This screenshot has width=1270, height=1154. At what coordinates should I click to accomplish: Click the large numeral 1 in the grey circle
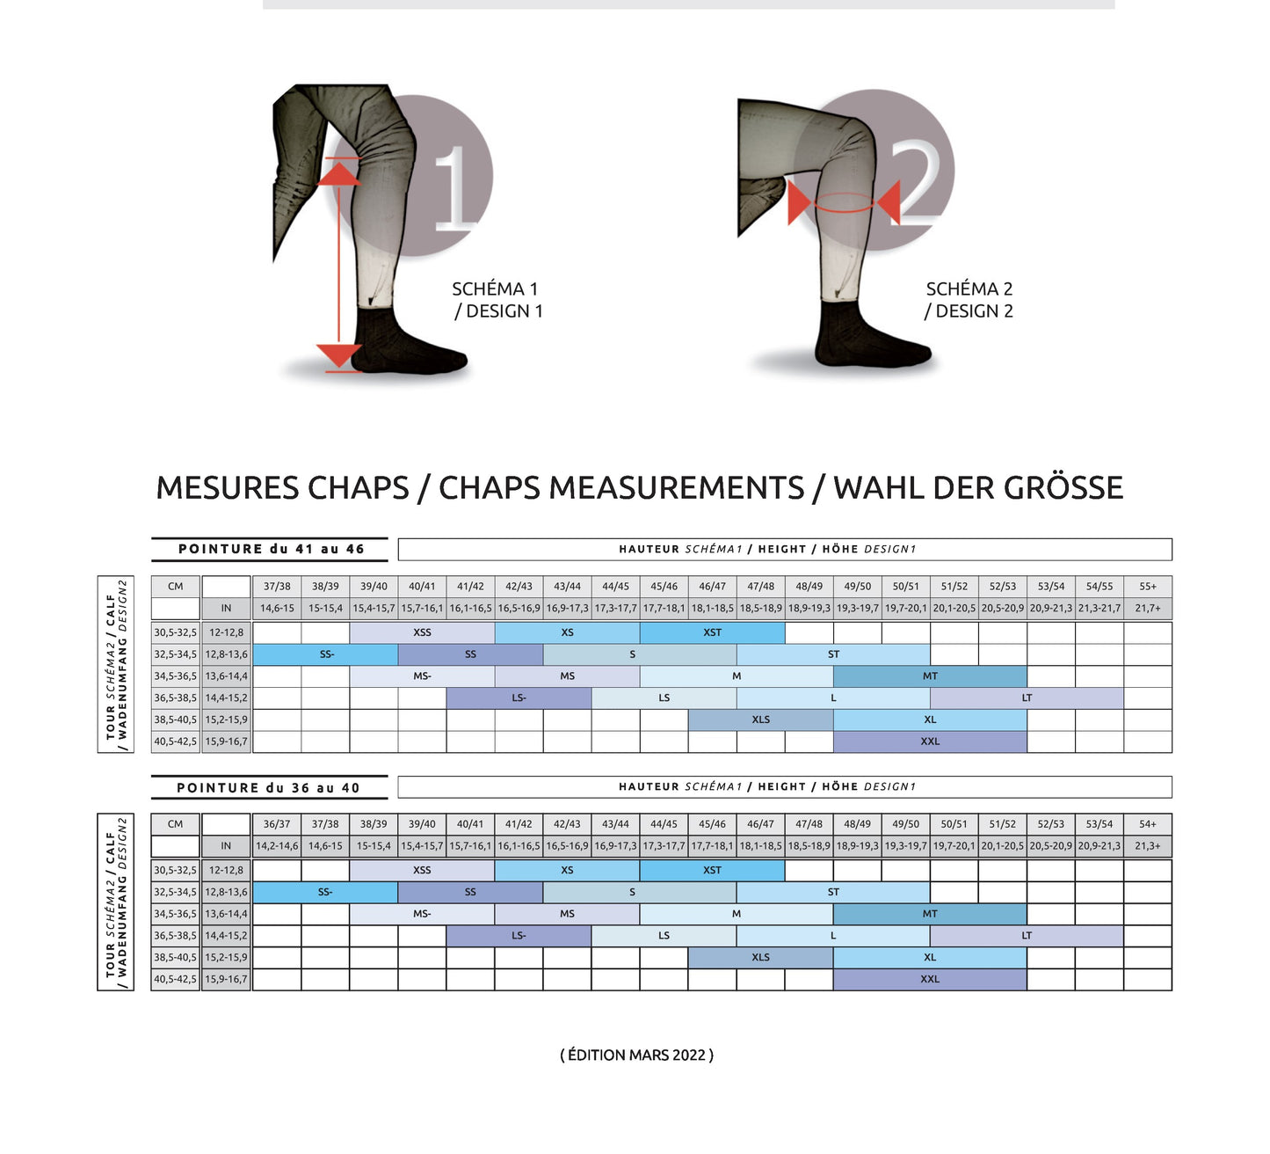click(454, 186)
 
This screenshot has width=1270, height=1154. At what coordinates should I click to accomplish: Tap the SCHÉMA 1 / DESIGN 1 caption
click(497, 300)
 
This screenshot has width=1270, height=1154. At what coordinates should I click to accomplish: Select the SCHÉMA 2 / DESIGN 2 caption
click(969, 300)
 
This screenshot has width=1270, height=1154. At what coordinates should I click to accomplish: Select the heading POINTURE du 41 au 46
click(271, 549)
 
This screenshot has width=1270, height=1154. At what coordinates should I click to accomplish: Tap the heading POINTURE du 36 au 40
click(268, 788)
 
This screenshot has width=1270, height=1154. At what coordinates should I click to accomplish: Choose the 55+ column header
click(1147, 587)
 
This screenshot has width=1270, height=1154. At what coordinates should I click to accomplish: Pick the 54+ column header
click(1147, 824)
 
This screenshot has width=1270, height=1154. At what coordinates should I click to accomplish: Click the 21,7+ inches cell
click(1147, 608)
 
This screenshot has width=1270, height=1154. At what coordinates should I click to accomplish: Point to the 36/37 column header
click(277, 824)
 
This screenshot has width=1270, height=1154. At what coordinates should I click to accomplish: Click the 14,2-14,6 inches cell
click(277, 846)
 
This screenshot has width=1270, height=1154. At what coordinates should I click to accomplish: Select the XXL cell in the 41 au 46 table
click(930, 741)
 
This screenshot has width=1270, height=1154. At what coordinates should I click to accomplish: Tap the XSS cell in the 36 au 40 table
click(422, 870)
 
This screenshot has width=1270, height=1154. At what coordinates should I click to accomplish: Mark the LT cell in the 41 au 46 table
click(1027, 698)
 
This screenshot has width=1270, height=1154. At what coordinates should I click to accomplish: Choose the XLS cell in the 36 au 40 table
click(760, 957)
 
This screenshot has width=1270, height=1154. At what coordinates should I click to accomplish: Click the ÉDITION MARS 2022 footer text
click(636, 1055)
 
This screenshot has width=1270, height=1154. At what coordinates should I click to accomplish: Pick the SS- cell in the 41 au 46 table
click(326, 654)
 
